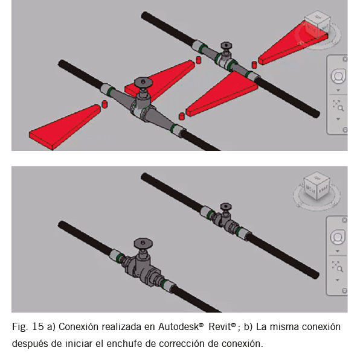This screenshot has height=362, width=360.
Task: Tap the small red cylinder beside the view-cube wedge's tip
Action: [x=254, y=65]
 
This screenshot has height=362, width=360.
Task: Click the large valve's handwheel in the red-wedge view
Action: [x=143, y=82]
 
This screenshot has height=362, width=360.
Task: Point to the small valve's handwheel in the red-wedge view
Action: [x=226, y=45]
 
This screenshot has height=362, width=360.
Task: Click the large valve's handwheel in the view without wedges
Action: [x=143, y=243]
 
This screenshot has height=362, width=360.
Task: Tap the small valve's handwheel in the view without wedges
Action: [x=225, y=206]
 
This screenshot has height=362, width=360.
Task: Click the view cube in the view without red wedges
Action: [x=317, y=185]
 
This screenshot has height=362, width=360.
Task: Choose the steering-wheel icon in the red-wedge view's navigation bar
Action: [x=338, y=76]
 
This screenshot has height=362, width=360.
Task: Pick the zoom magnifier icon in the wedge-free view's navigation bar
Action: [x=338, y=267]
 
